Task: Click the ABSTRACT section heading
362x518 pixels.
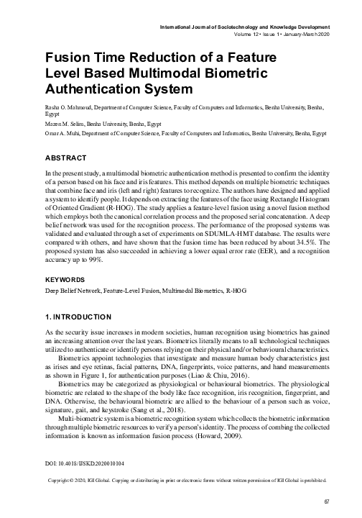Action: [65, 158]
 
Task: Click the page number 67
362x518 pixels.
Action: [325, 501]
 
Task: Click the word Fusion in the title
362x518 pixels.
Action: [68, 60]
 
